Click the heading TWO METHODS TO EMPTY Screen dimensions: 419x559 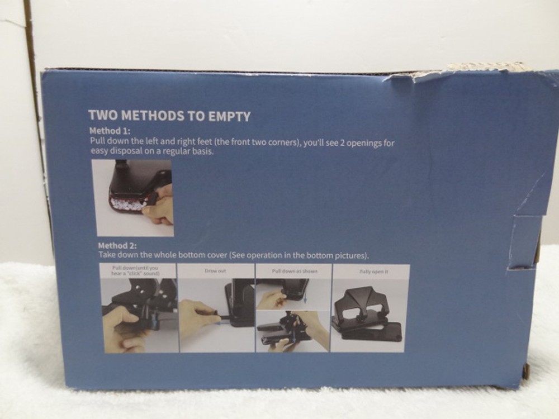click(x=169, y=116)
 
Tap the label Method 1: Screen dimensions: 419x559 click(x=110, y=132)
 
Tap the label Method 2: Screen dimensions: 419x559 click(x=117, y=245)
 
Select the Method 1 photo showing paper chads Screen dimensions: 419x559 click(x=133, y=198)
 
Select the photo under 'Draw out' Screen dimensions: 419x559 click(x=217, y=314)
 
